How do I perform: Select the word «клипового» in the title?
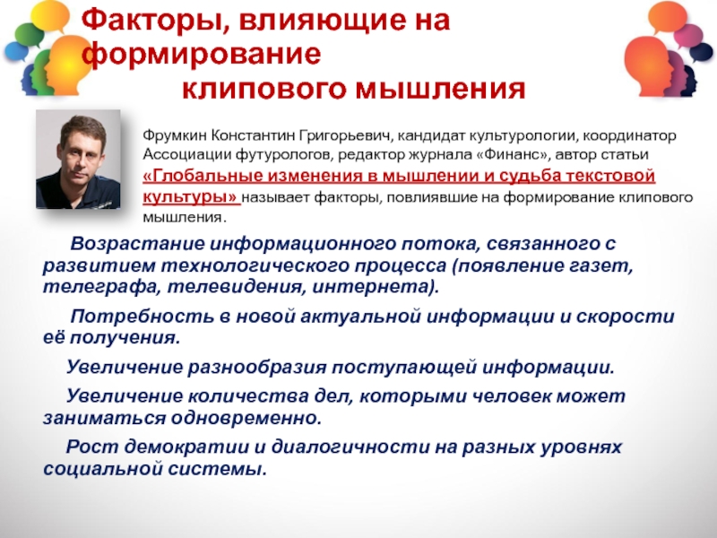pyautogui.click(x=264, y=90)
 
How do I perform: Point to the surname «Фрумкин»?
pyautogui.click(x=174, y=135)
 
